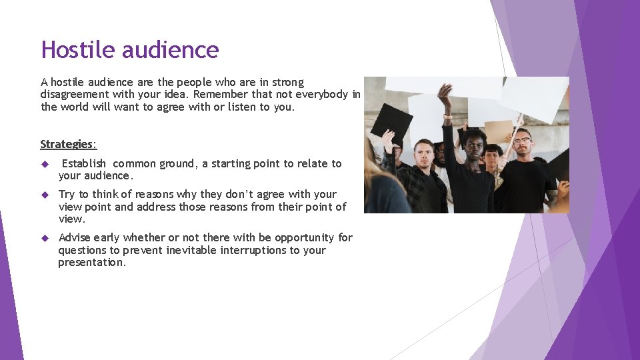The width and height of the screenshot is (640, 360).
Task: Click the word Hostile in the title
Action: (x=73, y=50)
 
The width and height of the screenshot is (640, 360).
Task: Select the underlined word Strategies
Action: (x=67, y=144)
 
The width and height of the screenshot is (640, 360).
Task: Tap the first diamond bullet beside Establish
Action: (x=45, y=164)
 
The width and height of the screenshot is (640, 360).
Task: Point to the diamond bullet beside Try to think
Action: (x=45, y=195)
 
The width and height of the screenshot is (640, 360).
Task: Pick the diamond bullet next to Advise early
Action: (x=45, y=238)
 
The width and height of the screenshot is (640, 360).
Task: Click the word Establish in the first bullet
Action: (x=83, y=163)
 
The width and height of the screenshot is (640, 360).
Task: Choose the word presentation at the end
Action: (x=91, y=263)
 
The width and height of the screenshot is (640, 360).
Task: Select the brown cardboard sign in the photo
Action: (x=498, y=131)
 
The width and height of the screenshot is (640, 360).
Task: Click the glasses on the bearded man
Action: (x=522, y=141)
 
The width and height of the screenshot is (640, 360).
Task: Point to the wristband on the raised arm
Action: (x=448, y=117)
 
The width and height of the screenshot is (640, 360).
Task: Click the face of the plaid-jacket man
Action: (x=422, y=153)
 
